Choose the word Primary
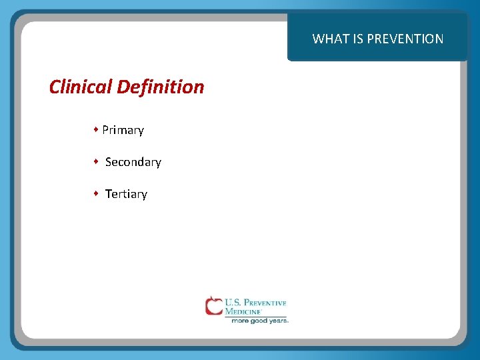click(123, 130)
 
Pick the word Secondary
click(133, 162)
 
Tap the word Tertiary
click(126, 194)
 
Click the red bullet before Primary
click(97, 129)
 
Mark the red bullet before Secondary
click(97, 161)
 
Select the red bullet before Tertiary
click(97, 193)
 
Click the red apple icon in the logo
click(213, 305)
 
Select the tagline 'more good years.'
click(259, 321)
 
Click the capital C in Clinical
click(55, 87)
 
